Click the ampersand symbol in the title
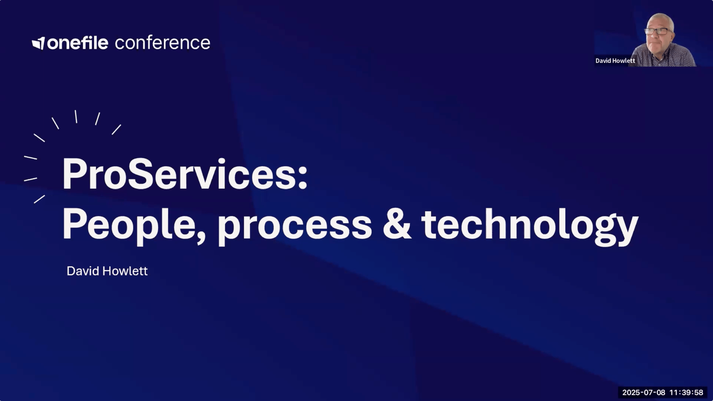pyautogui.click(x=397, y=224)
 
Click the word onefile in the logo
pyautogui.click(x=77, y=42)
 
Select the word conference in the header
pyautogui.click(x=163, y=43)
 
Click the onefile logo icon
pyautogui.click(x=39, y=43)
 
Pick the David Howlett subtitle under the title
pyautogui.click(x=107, y=271)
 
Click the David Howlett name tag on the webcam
pyautogui.click(x=615, y=61)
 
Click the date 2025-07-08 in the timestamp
pyautogui.click(x=644, y=392)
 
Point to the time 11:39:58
pyautogui.click(x=686, y=392)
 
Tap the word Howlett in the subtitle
pyautogui.click(x=125, y=271)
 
